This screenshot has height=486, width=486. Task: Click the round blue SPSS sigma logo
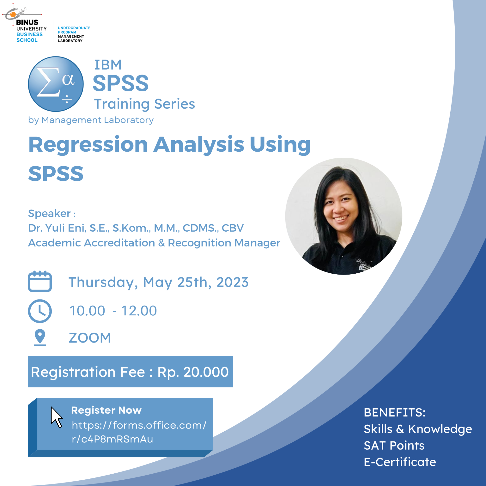coord(56,84)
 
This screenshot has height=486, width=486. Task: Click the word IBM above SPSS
coord(108,65)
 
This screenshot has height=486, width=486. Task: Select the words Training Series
coord(145,104)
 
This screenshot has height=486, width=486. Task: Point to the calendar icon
coord(40,281)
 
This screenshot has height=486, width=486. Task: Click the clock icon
coord(40,311)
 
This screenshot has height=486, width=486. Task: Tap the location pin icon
coord(40,337)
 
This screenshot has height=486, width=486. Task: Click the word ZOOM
coord(90,338)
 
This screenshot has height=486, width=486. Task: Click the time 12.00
coord(139,311)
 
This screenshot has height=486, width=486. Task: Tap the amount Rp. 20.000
coord(193,372)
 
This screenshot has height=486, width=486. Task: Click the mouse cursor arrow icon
coord(56,417)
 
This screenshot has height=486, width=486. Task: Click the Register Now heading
coord(106,410)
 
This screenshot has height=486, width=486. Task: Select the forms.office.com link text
coord(139,432)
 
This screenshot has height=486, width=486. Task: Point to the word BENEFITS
coord(394,413)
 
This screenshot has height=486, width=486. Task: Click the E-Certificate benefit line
coord(400,462)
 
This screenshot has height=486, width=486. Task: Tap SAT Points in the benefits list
coord(394,445)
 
